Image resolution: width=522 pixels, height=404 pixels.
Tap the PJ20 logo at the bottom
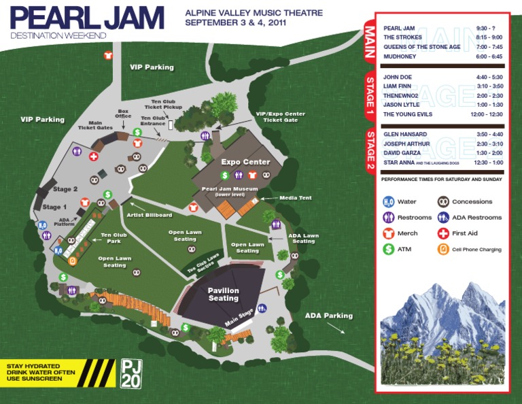(130, 373)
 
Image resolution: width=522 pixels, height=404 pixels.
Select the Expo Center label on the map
(245, 162)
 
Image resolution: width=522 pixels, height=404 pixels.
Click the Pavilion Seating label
(223, 294)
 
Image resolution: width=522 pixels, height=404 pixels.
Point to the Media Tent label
(296, 198)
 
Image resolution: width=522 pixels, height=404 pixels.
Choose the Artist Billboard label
(149, 215)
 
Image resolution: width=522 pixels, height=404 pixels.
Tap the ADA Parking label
(328, 316)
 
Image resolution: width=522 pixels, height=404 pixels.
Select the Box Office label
(124, 114)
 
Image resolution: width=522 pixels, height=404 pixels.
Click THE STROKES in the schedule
(403, 37)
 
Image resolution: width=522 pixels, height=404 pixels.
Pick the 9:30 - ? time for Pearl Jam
(487, 28)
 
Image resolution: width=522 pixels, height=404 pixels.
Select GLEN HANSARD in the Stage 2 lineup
(405, 135)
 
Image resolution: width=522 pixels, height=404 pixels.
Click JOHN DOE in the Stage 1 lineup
(398, 78)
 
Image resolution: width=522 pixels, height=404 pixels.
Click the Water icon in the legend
(389, 202)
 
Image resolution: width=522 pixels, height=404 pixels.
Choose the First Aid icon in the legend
(443, 233)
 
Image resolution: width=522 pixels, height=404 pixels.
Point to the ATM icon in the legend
(389, 250)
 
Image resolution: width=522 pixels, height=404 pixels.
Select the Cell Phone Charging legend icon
(443, 250)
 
